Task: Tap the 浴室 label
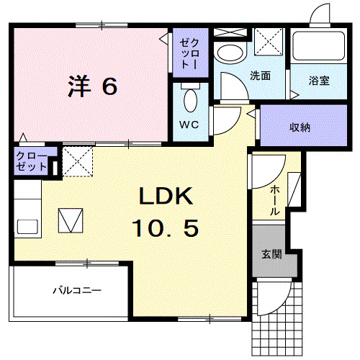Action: (x=320, y=80)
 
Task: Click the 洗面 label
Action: (x=260, y=75)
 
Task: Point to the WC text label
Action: (x=188, y=123)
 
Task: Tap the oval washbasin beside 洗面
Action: (x=230, y=52)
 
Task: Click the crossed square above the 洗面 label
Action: (x=271, y=42)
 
